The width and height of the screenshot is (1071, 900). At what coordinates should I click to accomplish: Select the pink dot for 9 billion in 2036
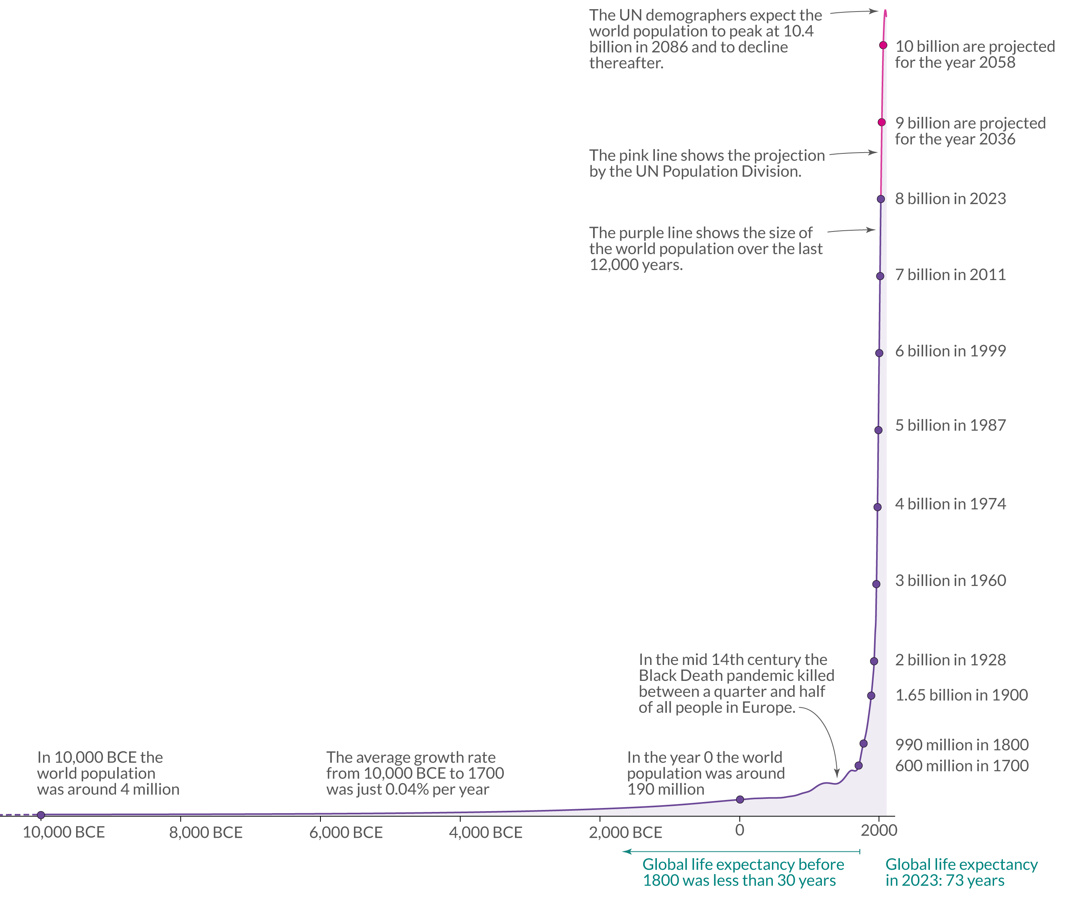pyautogui.click(x=882, y=122)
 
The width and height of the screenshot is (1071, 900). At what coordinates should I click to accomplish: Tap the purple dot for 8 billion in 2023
pyautogui.click(x=880, y=199)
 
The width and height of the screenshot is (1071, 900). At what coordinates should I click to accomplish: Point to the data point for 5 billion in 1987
pyautogui.click(x=878, y=430)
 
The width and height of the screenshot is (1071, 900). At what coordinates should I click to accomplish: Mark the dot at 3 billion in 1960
pyautogui.click(x=876, y=584)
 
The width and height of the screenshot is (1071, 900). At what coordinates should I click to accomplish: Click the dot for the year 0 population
pyautogui.click(x=740, y=800)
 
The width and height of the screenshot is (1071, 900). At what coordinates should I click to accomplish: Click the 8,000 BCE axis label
pyautogui.click(x=206, y=833)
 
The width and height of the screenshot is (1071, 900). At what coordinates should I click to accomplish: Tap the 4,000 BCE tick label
pyautogui.click(x=485, y=833)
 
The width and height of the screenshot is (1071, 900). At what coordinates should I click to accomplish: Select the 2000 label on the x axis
pyautogui.click(x=878, y=831)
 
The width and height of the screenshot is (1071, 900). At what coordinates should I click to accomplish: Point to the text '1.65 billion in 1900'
pyautogui.click(x=961, y=695)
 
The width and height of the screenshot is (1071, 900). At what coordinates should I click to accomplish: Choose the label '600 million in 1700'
pyautogui.click(x=962, y=766)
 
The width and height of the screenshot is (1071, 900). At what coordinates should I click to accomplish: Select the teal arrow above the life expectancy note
pyautogui.click(x=741, y=851)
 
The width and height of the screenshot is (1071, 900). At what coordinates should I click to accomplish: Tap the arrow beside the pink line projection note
pyautogui.click(x=853, y=153)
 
